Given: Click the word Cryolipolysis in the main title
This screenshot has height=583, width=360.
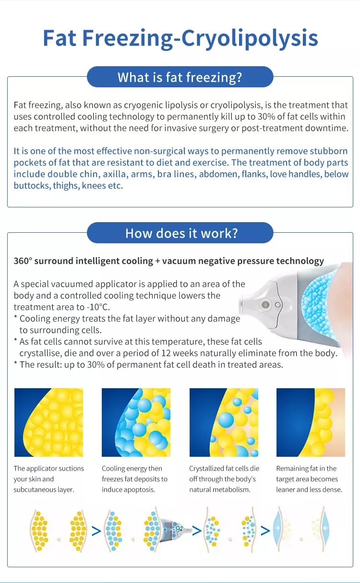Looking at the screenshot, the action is (250, 38).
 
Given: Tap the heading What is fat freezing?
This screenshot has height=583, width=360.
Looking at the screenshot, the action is (180, 77).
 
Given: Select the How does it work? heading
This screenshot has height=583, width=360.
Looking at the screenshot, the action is (181, 233).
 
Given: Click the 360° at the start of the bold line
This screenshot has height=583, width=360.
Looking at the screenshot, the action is (23, 261).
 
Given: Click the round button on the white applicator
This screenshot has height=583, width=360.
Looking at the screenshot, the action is (265, 304).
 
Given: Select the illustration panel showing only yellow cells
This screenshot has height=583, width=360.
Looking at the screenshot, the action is (48, 422).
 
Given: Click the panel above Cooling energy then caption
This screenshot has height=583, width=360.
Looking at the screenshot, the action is (136, 422).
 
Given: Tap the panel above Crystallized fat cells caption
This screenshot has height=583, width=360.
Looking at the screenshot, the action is (224, 422).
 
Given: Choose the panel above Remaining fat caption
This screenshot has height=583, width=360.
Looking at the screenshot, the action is (311, 422).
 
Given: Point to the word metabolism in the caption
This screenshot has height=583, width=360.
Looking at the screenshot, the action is (235, 489).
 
